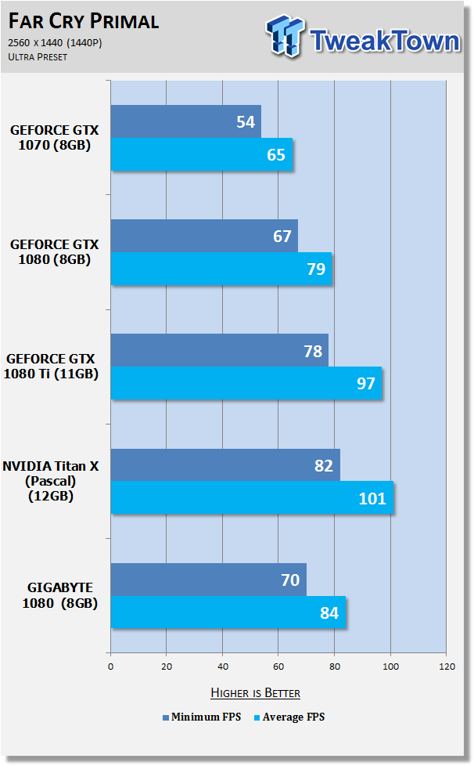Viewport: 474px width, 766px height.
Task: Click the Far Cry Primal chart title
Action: [x=84, y=21]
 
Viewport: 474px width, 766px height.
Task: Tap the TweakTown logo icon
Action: [x=285, y=36]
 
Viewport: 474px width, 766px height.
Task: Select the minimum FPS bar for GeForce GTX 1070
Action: [x=186, y=121]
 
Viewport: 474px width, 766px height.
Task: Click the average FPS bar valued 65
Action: [x=201, y=154]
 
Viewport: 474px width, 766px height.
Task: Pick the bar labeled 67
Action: [x=204, y=236]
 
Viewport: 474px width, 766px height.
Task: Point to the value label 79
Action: [x=316, y=269]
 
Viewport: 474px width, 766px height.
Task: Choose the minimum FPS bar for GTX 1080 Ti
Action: [x=220, y=350]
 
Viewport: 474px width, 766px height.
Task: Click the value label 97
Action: [x=366, y=384]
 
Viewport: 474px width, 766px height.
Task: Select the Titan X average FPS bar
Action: [x=252, y=498]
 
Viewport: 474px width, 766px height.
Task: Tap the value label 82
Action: [x=324, y=465]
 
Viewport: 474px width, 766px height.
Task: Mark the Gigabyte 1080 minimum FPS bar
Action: [x=209, y=580]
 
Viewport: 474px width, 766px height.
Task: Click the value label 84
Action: [x=329, y=612]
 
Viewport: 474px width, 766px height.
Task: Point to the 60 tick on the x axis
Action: [x=278, y=667]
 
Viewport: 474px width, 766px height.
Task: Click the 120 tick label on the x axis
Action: [x=447, y=667]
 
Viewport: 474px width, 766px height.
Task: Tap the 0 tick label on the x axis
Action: [x=111, y=667]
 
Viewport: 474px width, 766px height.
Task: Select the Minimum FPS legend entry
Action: [x=202, y=717]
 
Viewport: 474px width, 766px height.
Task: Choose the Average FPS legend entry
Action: [x=289, y=717]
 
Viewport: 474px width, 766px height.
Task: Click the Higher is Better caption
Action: [x=256, y=692]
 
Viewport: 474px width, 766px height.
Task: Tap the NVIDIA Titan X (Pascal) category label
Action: [x=51, y=481]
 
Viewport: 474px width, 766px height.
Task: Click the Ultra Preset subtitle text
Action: [x=38, y=56]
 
